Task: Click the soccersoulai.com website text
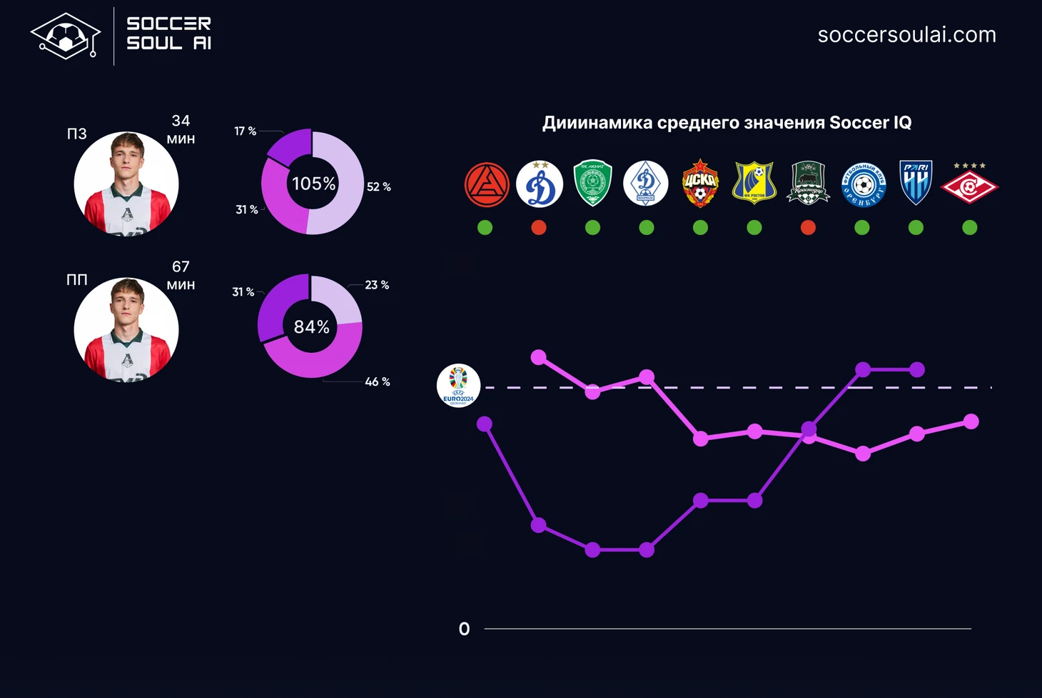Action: tap(906, 35)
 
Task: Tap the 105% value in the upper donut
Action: tap(313, 184)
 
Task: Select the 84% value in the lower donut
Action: tap(312, 327)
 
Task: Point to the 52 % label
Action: tap(378, 187)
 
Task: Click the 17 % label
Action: tap(245, 131)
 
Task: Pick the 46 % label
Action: tap(377, 382)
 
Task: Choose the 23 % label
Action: tap(377, 285)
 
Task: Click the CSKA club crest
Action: tap(700, 184)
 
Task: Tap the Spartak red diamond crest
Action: tap(969, 185)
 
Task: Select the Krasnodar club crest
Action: tap(808, 184)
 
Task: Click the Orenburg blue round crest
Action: tap(863, 184)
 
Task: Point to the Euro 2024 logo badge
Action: tap(458, 386)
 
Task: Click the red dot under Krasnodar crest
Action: tap(808, 228)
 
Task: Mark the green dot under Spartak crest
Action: tap(969, 228)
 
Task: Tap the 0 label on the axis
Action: tap(464, 629)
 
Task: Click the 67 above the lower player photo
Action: tap(181, 267)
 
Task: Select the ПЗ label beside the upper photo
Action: tap(76, 134)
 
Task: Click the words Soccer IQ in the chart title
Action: tap(870, 123)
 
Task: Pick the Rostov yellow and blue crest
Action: tap(754, 184)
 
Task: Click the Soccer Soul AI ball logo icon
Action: tap(65, 36)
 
